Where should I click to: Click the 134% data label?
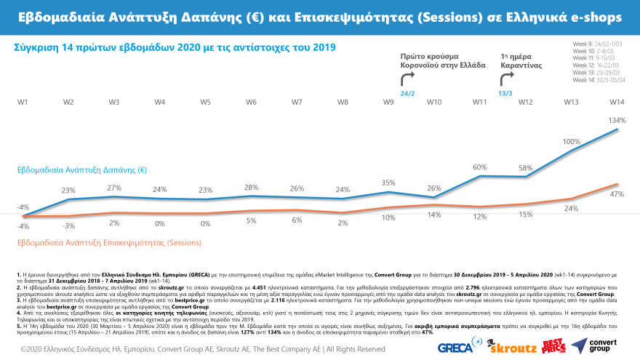[617, 120]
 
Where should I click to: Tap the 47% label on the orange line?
[617, 194]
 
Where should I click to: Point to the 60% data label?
[480, 167]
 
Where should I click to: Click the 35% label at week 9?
[388, 183]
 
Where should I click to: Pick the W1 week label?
[23, 102]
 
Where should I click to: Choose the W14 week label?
[617, 102]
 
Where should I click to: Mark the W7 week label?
[297, 102]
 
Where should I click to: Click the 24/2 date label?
[408, 93]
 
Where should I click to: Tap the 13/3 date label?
[504, 93]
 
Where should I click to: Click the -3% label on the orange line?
[68, 226]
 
